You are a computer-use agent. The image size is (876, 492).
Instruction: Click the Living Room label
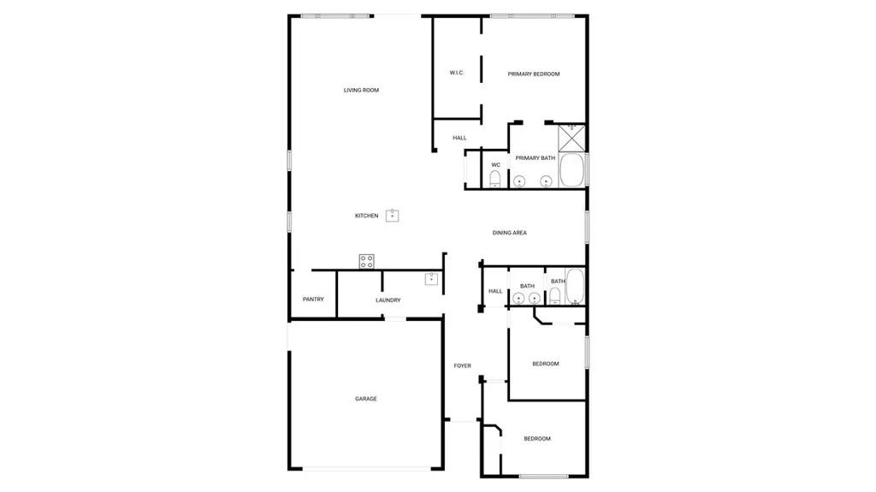(361, 90)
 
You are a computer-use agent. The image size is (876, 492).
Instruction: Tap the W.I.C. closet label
(457, 73)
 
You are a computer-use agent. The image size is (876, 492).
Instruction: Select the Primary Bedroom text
(534, 74)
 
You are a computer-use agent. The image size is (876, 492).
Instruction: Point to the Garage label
(366, 399)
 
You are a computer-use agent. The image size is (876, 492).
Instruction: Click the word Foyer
(462, 366)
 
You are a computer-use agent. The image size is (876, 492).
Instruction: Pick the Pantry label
(313, 299)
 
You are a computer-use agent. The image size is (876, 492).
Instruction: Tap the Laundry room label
(388, 300)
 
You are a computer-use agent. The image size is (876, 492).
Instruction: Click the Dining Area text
(509, 233)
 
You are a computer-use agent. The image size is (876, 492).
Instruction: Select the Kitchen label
(366, 216)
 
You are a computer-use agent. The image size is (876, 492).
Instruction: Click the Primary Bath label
(535, 158)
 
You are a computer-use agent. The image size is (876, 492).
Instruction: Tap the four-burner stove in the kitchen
(366, 261)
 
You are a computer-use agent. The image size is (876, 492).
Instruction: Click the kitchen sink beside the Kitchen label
(393, 215)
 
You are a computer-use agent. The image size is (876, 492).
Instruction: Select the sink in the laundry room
(432, 278)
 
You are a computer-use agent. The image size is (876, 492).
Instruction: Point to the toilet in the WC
(495, 178)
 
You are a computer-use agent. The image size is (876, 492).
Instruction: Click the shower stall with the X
(571, 137)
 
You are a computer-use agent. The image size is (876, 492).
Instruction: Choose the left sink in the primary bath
(519, 181)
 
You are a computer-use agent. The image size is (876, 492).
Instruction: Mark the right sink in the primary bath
(546, 181)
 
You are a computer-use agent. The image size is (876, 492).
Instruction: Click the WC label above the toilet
(495, 164)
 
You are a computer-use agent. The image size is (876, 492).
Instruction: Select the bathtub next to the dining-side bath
(575, 287)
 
